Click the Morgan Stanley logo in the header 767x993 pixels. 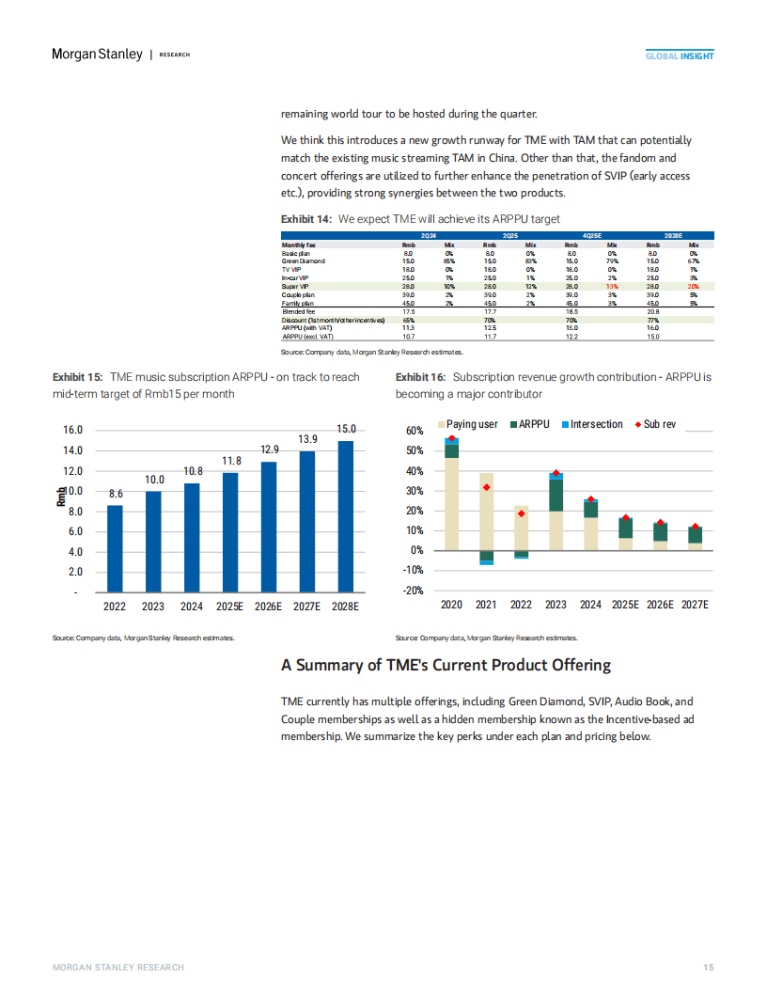[96, 55]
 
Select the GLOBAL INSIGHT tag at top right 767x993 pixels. [679, 56]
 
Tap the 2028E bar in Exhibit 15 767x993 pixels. [346, 516]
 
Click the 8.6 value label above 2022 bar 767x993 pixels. [116, 494]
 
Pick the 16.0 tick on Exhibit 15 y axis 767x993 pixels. [73, 430]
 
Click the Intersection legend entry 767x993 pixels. [591, 425]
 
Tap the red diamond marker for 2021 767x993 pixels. [486, 487]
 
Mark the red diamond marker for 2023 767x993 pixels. [556, 473]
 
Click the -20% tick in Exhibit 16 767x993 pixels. [412, 591]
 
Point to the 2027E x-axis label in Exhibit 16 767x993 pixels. [694, 605]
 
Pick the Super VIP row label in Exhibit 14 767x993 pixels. [297, 286]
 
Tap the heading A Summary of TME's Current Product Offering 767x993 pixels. [446, 665]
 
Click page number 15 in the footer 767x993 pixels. [709, 968]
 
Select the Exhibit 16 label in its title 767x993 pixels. [420, 377]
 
